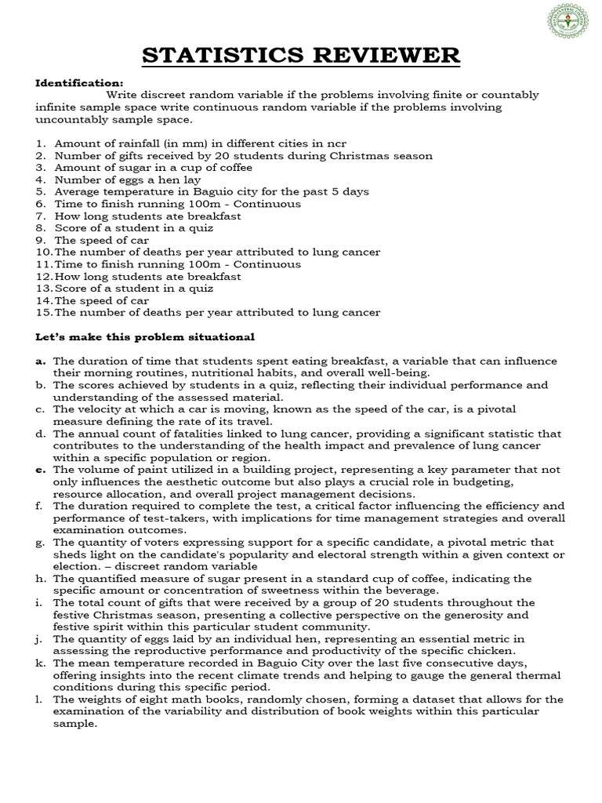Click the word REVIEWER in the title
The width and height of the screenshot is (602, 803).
tap(382, 56)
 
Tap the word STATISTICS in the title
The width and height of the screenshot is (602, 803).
tap(221, 56)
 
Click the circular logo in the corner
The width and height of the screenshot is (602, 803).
tap(568, 22)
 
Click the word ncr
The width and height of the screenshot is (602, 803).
tap(335, 144)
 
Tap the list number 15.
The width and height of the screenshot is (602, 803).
tap(43, 312)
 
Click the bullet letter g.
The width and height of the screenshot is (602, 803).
tap(39, 542)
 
